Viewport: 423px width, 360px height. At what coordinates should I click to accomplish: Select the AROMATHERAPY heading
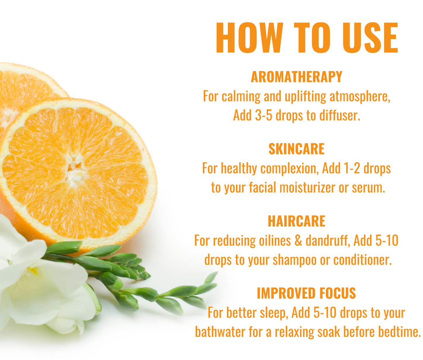click(x=297, y=77)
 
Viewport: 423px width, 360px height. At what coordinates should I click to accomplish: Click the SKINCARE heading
click(x=297, y=149)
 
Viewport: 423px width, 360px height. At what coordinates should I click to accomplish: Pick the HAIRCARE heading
click(x=297, y=221)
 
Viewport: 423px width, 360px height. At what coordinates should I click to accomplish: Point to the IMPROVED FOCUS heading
click(x=306, y=293)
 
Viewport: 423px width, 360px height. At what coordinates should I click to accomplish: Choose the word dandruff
click(x=328, y=241)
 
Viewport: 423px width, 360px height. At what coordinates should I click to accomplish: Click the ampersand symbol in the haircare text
click(x=298, y=241)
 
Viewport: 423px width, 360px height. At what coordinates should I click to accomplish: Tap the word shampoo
click(x=294, y=260)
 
